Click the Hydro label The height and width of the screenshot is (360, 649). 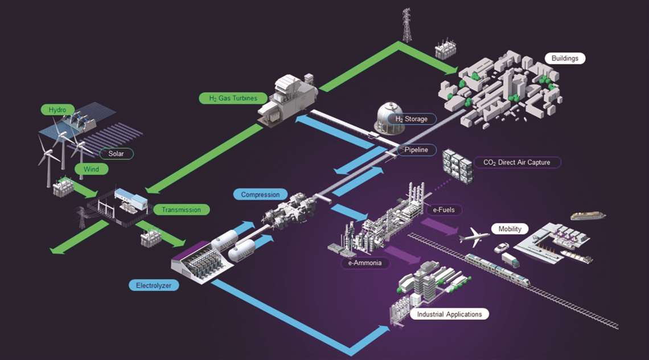pyautogui.click(x=57, y=110)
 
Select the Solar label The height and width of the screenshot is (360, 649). pyautogui.click(x=116, y=154)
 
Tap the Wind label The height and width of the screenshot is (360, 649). pyautogui.click(x=92, y=169)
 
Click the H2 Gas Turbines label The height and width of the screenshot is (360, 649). pyautogui.click(x=233, y=98)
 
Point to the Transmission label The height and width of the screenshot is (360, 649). pyautogui.click(x=181, y=210)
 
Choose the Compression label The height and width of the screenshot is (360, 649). pyautogui.click(x=260, y=194)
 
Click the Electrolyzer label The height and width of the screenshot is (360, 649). pyautogui.click(x=154, y=285)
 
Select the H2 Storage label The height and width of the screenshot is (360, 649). pyautogui.click(x=412, y=119)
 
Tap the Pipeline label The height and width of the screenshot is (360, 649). pyautogui.click(x=416, y=150)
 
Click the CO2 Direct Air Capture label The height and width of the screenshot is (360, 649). pyautogui.click(x=516, y=162)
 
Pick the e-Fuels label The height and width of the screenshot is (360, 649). pyautogui.click(x=443, y=210)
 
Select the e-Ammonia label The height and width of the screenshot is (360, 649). pyautogui.click(x=365, y=263)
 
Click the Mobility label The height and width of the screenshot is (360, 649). pyautogui.click(x=510, y=228)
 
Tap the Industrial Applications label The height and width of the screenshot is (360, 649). pyautogui.click(x=450, y=314)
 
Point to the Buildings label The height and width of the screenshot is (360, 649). pyautogui.click(x=565, y=59)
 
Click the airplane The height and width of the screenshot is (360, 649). pyautogui.click(x=474, y=236)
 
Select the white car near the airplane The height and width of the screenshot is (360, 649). pyautogui.click(x=501, y=248)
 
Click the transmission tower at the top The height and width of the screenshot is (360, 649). pyautogui.click(x=407, y=25)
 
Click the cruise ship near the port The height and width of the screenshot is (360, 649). pyautogui.click(x=588, y=215)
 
